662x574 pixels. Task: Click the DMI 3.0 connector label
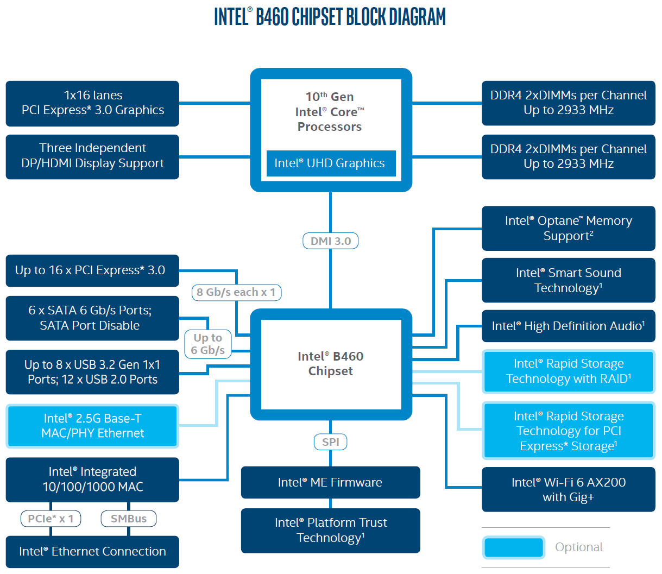click(x=330, y=241)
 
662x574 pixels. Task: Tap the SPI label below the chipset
click(x=330, y=442)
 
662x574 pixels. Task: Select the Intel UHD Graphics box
click(x=330, y=163)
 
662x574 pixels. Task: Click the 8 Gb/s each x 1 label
click(x=236, y=292)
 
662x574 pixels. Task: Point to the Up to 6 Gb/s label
click(x=208, y=344)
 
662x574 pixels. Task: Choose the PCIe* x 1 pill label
click(x=51, y=519)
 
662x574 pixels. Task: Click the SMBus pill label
click(x=129, y=519)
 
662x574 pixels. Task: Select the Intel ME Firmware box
click(x=330, y=482)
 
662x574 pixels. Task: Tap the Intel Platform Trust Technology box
click(x=330, y=531)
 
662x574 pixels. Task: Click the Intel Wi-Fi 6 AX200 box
click(x=568, y=489)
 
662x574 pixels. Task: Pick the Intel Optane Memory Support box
click(x=568, y=228)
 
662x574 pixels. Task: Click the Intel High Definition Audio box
click(x=568, y=326)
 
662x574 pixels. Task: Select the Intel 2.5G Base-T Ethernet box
click(x=92, y=426)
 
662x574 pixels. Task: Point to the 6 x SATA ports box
click(x=92, y=318)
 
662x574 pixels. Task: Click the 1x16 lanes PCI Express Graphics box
click(x=92, y=103)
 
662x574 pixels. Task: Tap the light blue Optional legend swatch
click(x=513, y=547)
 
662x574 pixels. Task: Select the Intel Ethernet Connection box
click(x=92, y=552)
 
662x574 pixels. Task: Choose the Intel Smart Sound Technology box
click(x=568, y=280)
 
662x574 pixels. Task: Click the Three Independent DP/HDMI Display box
click(x=92, y=156)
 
